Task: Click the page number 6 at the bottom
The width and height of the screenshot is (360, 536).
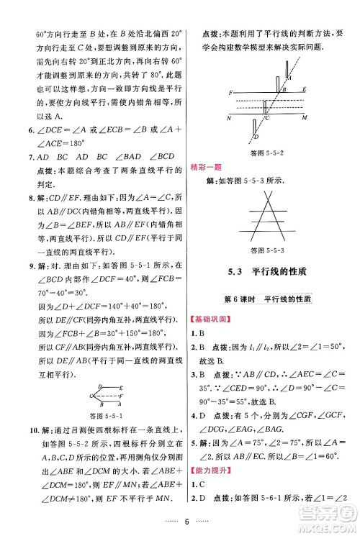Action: [186, 523]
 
